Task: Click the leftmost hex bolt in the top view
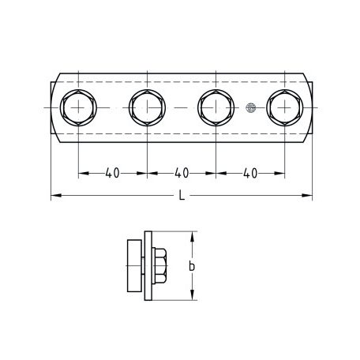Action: click(x=78, y=107)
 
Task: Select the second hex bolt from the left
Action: click(x=147, y=107)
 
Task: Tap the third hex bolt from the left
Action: click(x=216, y=107)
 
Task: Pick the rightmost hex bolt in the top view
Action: click(x=285, y=107)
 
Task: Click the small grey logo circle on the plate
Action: click(x=251, y=107)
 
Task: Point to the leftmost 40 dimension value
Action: click(x=112, y=173)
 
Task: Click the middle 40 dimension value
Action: click(x=182, y=173)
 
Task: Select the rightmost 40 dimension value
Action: click(x=250, y=173)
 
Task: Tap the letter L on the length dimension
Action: click(x=182, y=196)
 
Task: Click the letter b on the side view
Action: click(x=192, y=266)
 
